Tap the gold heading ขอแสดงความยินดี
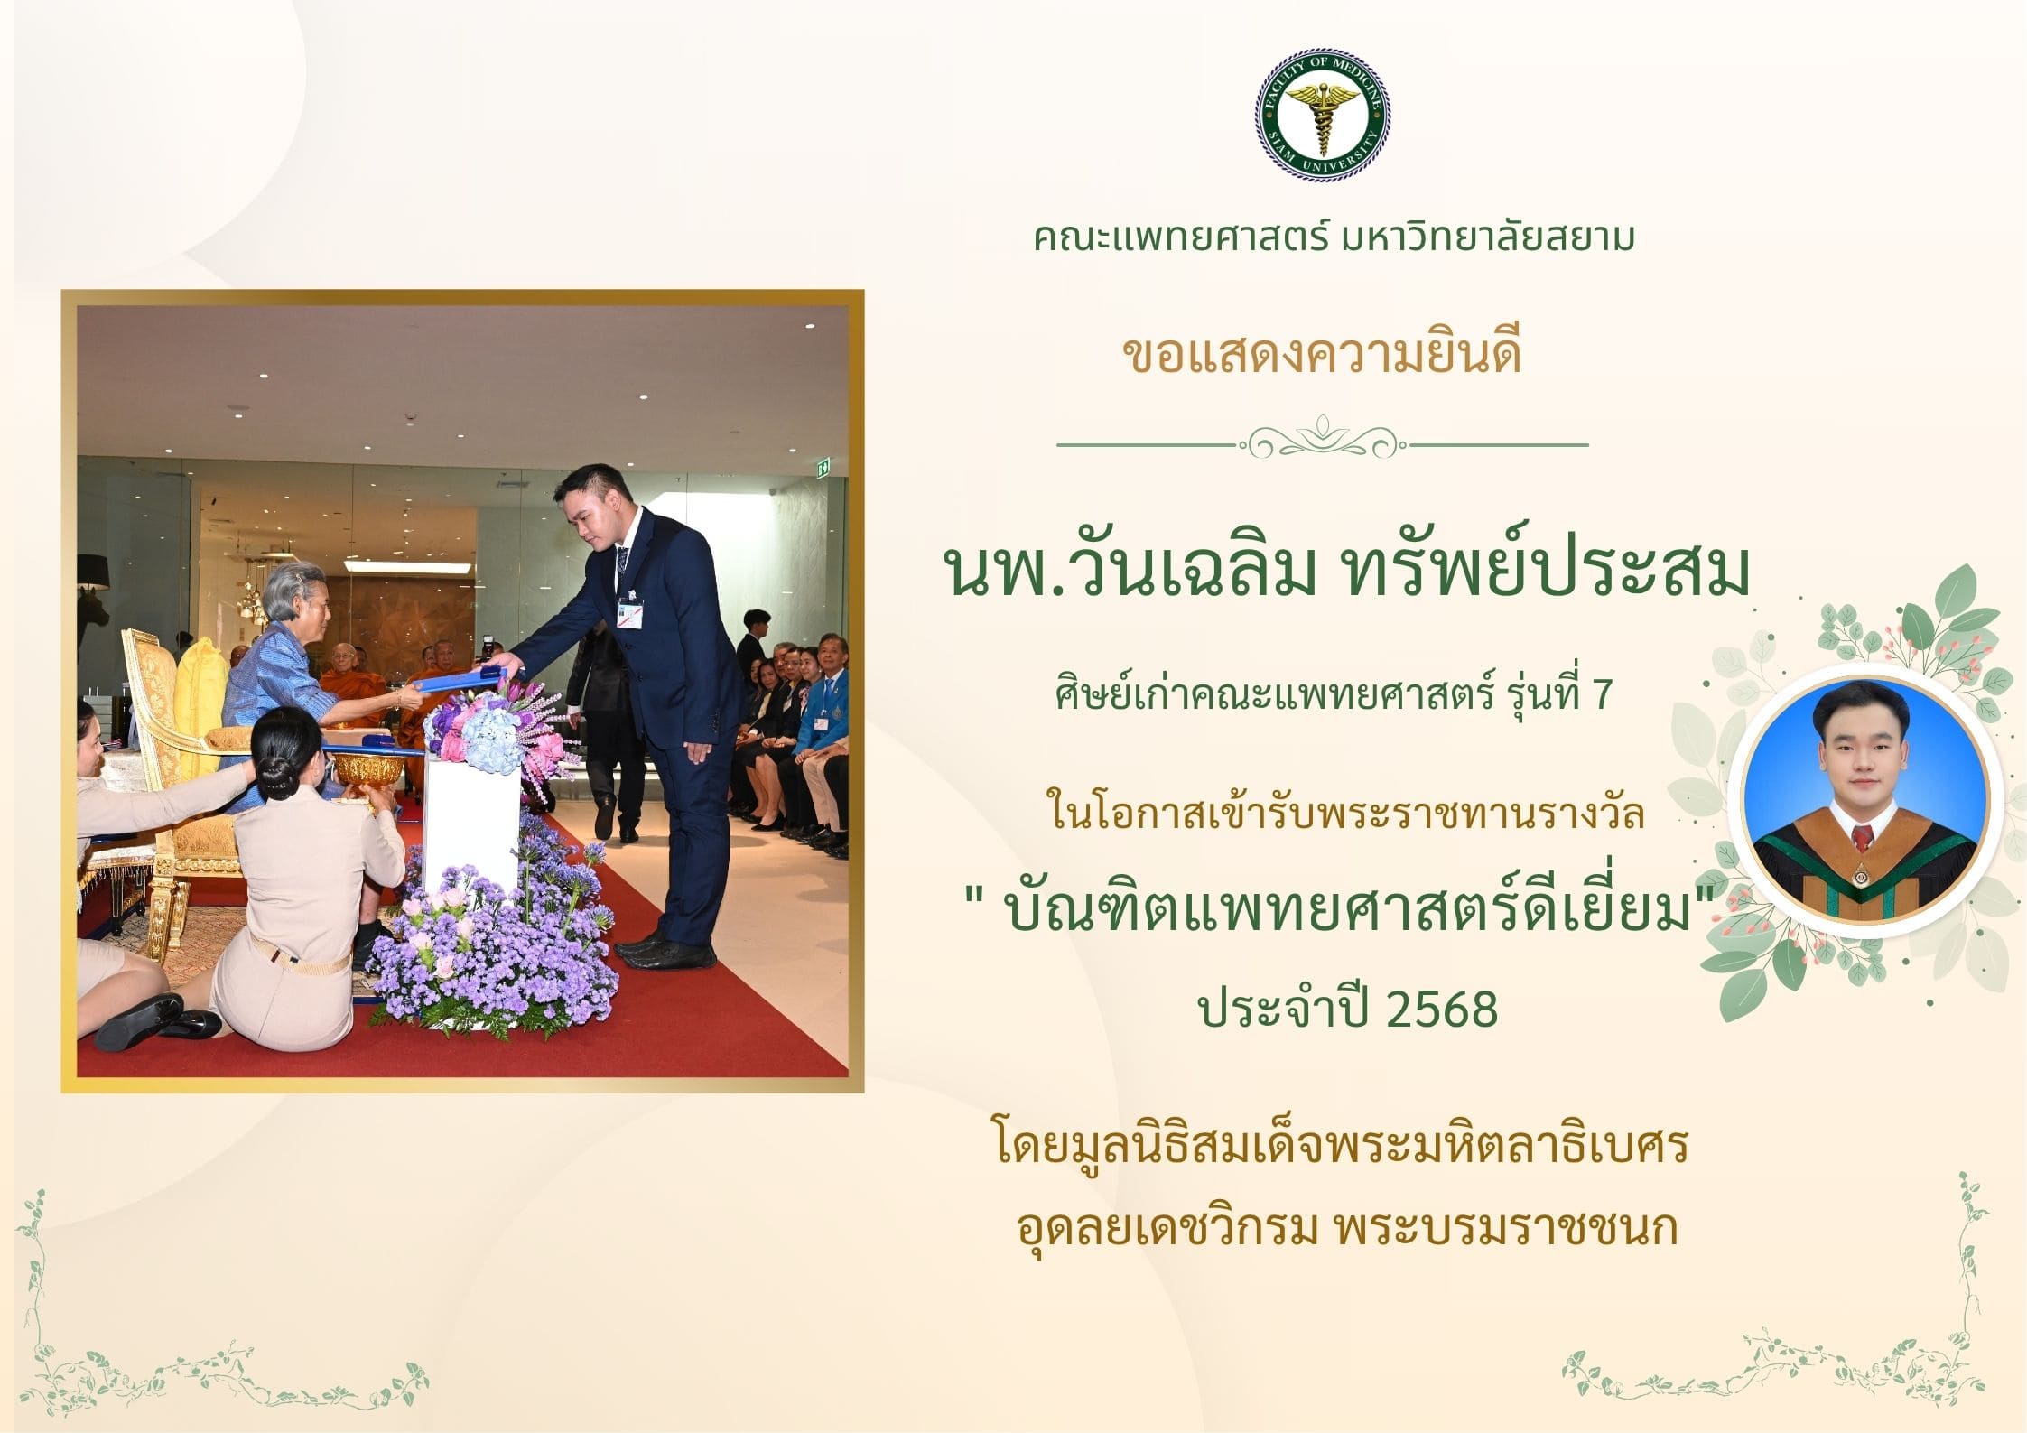point(1322,352)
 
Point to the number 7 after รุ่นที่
point(1603,695)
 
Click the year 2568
point(1441,1010)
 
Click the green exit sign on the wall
point(823,468)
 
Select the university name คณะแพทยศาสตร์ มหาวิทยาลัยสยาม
point(1334,237)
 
